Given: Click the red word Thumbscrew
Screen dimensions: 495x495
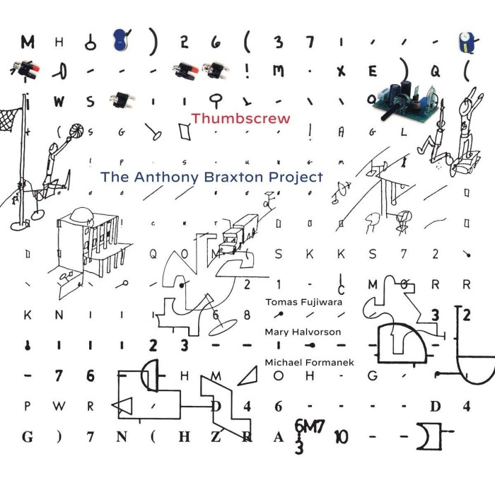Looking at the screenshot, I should click(240, 118).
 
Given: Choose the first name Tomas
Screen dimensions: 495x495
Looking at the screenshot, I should click(279, 299).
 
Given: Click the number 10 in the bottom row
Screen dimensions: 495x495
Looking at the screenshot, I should click(341, 436).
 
